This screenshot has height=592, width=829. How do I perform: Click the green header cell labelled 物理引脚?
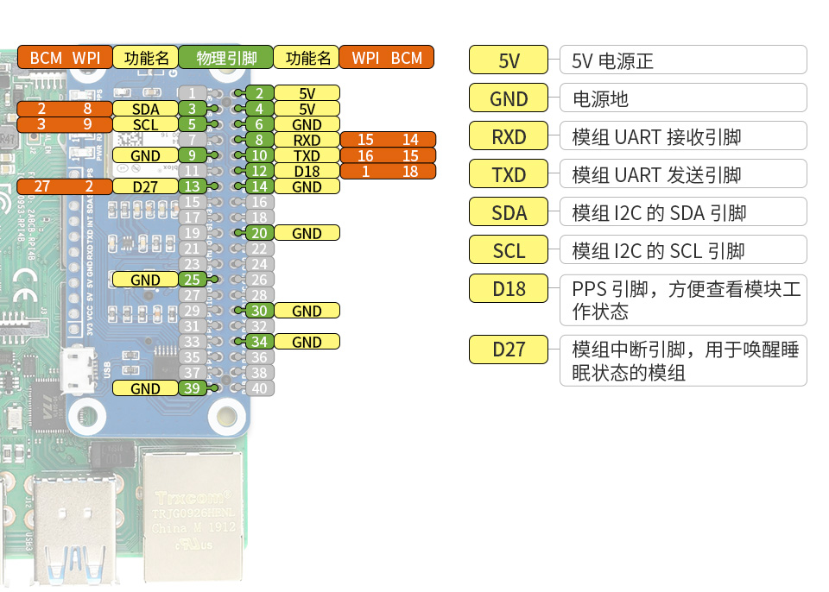(226, 58)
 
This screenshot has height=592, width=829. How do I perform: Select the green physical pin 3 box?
(193, 109)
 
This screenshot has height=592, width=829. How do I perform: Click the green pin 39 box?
(193, 388)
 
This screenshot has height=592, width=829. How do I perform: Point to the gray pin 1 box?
(193, 93)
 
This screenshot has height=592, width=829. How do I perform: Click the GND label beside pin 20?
(307, 233)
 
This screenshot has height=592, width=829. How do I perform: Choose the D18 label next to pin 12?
(307, 172)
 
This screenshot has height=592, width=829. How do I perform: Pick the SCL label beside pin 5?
(145, 124)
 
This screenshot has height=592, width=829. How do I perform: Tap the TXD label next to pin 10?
(307, 156)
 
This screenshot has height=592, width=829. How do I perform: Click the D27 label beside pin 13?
(145, 186)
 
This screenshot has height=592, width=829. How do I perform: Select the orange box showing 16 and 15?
(388, 156)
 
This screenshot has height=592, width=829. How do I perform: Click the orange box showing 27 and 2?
(65, 186)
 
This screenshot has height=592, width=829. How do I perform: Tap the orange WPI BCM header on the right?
(386, 58)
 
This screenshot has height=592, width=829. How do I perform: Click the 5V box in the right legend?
(509, 61)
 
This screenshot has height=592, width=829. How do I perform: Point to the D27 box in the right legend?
(509, 350)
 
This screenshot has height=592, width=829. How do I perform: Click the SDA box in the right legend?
(509, 212)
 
